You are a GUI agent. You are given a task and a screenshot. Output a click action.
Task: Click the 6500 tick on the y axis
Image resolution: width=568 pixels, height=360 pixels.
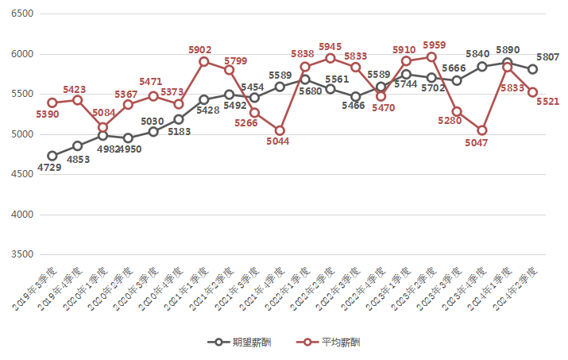(21, 14)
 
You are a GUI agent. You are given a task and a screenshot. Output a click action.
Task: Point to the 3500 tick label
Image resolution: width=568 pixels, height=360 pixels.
(21, 254)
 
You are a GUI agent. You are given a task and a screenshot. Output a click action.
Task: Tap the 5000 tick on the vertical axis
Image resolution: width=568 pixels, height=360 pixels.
(21, 134)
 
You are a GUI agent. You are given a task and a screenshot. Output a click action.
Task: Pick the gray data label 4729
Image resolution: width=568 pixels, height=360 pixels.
(51, 168)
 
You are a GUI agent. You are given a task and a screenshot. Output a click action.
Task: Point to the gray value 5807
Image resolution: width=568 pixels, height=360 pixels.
(547, 57)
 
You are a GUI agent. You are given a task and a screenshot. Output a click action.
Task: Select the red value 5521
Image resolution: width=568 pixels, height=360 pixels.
(547, 103)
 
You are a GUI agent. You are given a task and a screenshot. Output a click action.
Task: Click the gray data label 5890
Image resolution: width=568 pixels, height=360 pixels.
(508, 49)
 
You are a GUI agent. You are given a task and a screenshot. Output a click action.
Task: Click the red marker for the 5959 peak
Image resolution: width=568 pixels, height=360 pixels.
(431, 57)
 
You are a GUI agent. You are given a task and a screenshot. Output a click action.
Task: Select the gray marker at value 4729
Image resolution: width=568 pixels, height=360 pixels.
(52, 156)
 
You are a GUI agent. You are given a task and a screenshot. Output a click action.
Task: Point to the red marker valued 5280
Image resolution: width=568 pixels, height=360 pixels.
(457, 111)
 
